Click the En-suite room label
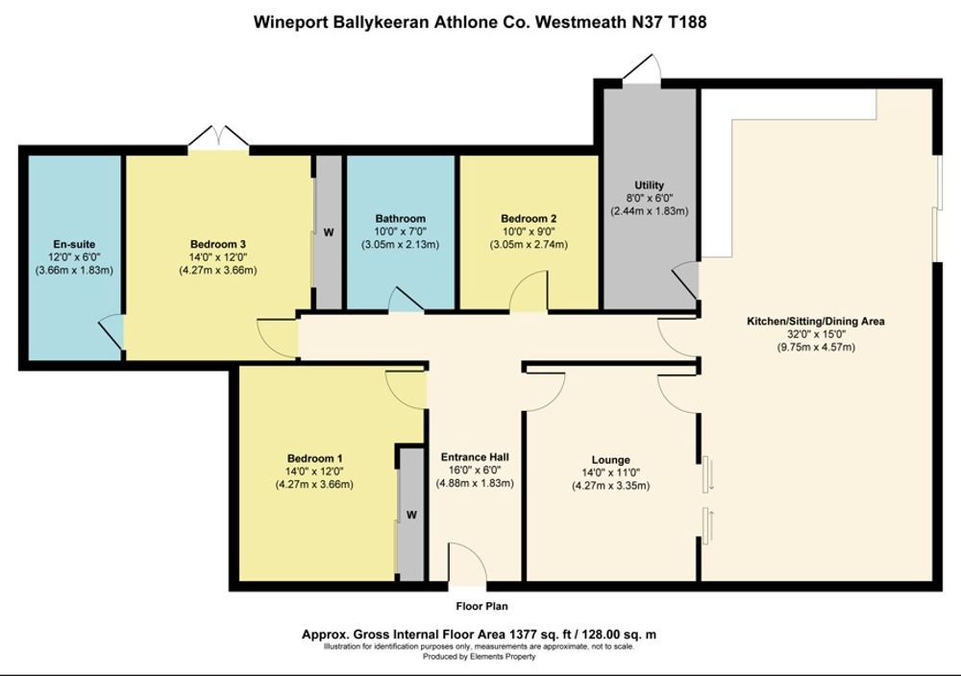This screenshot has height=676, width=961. click(x=74, y=244)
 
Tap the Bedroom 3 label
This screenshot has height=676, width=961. click(x=218, y=244)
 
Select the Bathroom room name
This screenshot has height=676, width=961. click(x=400, y=219)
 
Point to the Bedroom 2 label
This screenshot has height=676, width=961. click(x=529, y=219)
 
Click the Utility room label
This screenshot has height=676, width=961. click(x=649, y=185)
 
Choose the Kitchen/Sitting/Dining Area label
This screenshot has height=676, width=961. click(x=816, y=321)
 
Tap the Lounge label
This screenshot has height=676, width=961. click(x=610, y=460)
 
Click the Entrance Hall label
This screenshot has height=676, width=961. click(x=475, y=457)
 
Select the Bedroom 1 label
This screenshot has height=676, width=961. click(x=315, y=459)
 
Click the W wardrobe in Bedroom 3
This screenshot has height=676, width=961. click(x=329, y=232)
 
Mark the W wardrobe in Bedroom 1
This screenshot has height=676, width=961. click(x=411, y=515)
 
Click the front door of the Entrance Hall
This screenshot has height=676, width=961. click(x=468, y=566)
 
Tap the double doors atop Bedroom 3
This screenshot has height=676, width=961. click(x=218, y=137)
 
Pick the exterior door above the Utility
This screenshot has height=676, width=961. click(x=642, y=68)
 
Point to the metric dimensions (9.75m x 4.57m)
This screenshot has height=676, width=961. click(x=816, y=348)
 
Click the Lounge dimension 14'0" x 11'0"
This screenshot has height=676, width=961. click(x=610, y=472)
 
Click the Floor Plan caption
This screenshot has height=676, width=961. click(x=481, y=606)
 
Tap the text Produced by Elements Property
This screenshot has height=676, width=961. click(x=480, y=657)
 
